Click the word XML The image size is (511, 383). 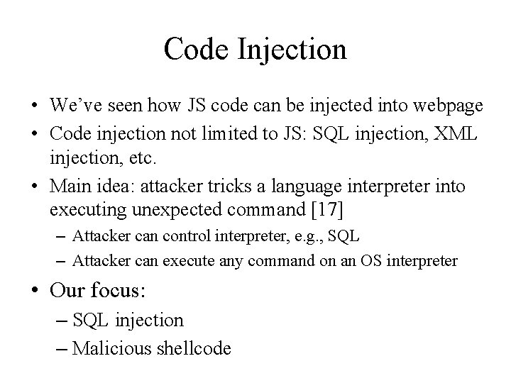tap(458, 134)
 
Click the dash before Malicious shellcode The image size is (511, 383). tap(60, 348)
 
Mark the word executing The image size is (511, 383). tap(82, 210)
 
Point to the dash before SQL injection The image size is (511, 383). tap(60, 321)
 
